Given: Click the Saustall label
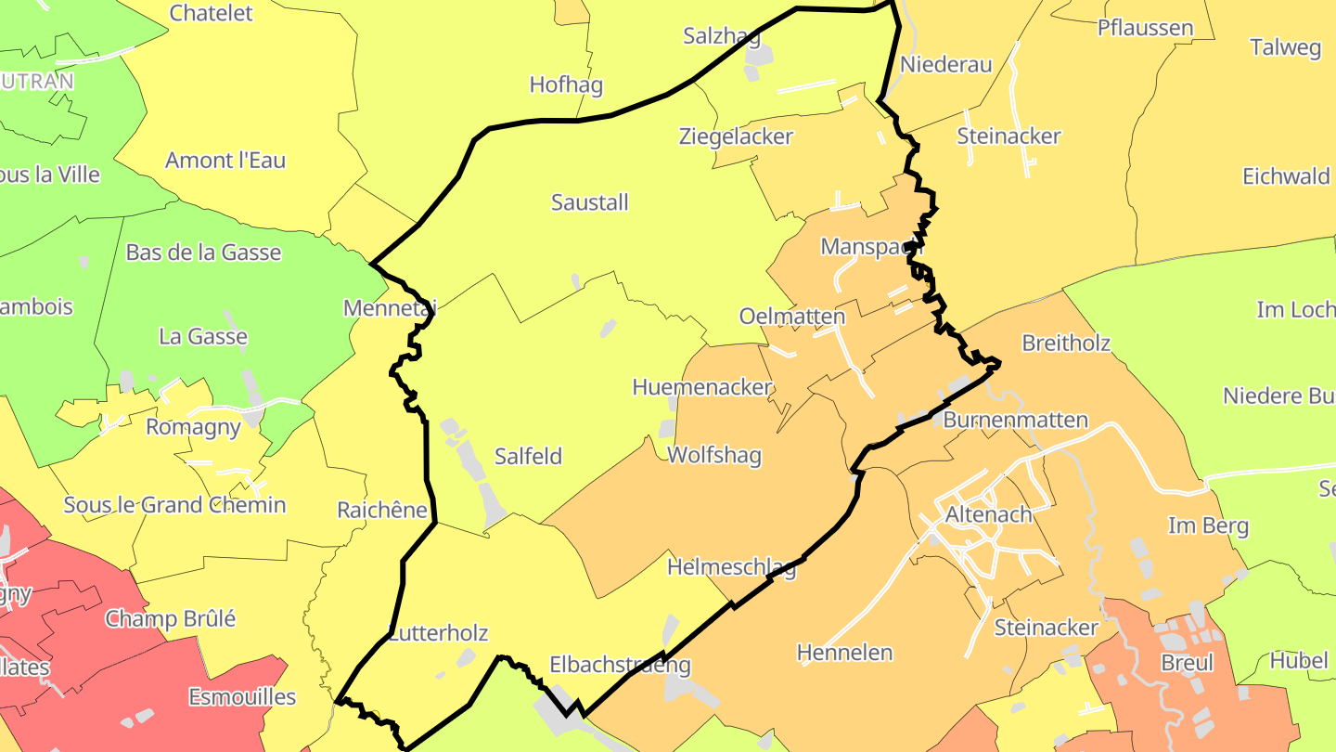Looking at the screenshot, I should pyautogui.click(x=590, y=202).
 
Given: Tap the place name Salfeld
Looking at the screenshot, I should pyautogui.click(x=528, y=457).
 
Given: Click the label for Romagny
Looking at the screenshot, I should pyautogui.click(x=193, y=428).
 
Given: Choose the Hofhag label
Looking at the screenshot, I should pyautogui.click(x=566, y=85).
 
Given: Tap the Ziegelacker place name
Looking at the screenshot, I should pyautogui.click(x=736, y=137).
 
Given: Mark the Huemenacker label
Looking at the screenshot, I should pyautogui.click(x=702, y=388).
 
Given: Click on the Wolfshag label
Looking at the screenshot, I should pyautogui.click(x=714, y=456).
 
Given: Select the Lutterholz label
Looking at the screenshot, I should pyautogui.click(x=438, y=634).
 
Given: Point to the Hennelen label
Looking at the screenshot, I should pyautogui.click(x=845, y=653).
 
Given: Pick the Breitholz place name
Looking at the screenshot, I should pyautogui.click(x=1066, y=344).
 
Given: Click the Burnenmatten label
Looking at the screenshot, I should pyautogui.click(x=1015, y=421).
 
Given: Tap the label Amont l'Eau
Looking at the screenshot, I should pyautogui.click(x=225, y=161).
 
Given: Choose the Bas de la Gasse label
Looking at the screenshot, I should pyautogui.click(x=203, y=253).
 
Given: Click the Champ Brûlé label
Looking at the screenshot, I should pyautogui.click(x=171, y=618).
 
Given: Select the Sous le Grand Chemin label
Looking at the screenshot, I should pyautogui.click(x=174, y=506).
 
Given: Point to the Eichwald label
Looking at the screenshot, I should pyautogui.click(x=1286, y=177).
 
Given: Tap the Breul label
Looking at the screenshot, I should pyautogui.click(x=1187, y=664).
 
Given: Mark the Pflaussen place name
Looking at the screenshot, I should pyautogui.click(x=1145, y=28).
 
